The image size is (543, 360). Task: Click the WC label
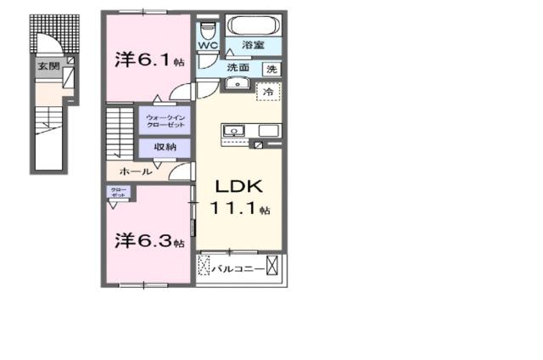click(208, 45)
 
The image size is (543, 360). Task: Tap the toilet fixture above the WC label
click(208, 27)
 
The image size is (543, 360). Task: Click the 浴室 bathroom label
click(253, 43)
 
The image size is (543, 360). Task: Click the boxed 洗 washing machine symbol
click(271, 69)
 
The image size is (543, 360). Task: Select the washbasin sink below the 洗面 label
click(235, 83)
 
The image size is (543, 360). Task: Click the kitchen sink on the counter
click(234, 131)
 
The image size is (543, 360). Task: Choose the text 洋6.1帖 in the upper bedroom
click(149, 60)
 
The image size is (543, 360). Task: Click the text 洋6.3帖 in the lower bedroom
click(149, 242)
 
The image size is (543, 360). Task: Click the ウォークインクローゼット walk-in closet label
click(165, 121)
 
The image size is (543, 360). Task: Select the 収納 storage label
click(165, 147)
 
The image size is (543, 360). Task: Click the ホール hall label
click(135, 171)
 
